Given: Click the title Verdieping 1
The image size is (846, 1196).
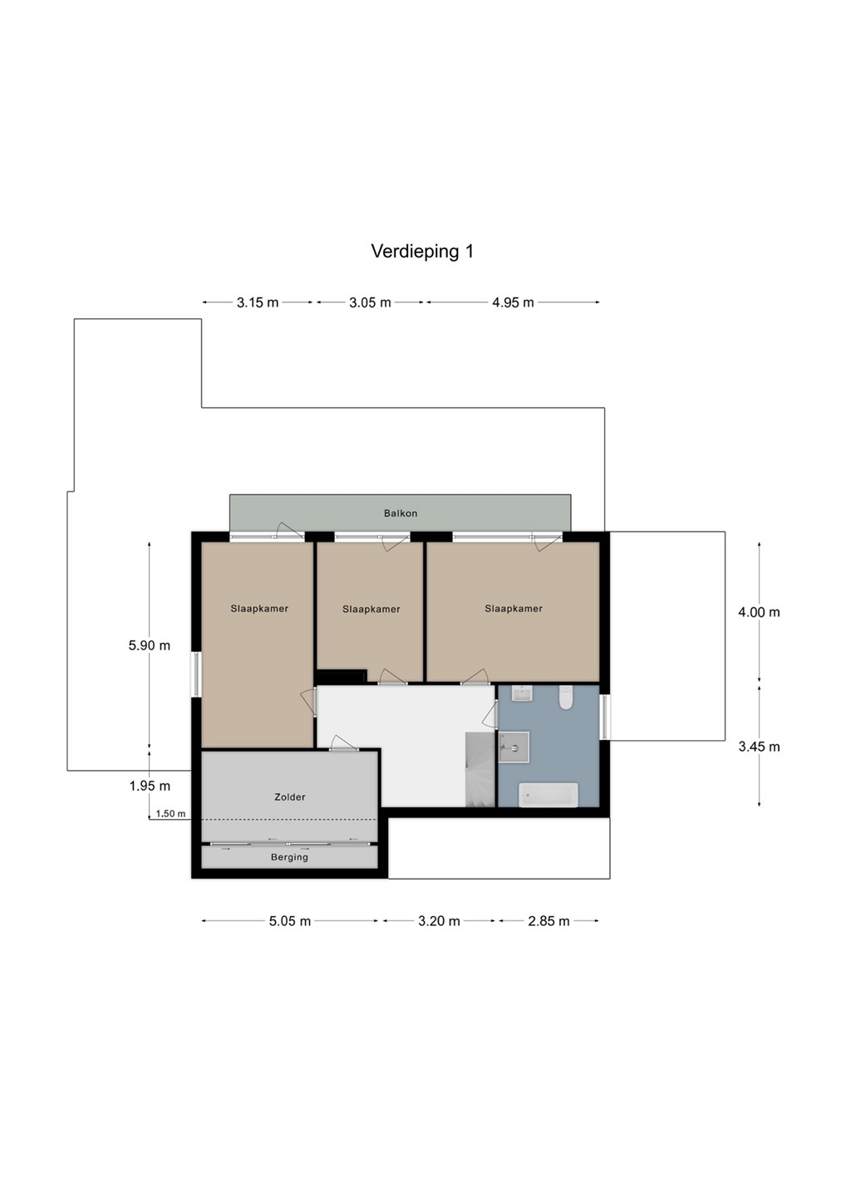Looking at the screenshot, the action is coord(422,252).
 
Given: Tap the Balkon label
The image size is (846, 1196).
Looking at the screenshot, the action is coord(401,513).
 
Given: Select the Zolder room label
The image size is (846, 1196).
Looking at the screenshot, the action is coord(289,797).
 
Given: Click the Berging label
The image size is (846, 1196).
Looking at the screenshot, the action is coord(289,857).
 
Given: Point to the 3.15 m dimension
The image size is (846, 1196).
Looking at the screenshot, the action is coord(258,302).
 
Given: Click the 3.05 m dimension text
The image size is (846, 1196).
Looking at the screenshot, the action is coord(370,302).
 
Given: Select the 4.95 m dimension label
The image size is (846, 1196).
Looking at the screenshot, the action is coord(513,302).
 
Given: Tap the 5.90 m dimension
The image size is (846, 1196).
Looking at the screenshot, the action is coord(149,645).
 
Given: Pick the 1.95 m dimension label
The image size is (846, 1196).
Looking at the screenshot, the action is coord(150,786).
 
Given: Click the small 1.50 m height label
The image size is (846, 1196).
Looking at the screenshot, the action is coord(170,814).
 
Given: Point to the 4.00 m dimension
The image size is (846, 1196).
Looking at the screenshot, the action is coord(759,612).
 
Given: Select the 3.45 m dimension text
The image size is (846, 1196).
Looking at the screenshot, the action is coord(759,747).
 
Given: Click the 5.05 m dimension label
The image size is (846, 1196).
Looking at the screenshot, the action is coord(289,921).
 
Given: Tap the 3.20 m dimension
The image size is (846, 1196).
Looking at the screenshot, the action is coord(439,921).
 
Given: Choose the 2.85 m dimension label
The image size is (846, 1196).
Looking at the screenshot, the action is coord(548,921).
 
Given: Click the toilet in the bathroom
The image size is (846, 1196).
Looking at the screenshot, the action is coord(566,698).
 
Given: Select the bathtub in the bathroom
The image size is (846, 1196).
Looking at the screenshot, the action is coord(548,795).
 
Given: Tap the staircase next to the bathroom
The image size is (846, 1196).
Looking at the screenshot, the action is coord(480,769).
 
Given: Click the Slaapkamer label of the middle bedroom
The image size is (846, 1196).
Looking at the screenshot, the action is coord(371,610).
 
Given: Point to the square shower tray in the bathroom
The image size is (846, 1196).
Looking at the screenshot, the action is coord(514,747).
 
